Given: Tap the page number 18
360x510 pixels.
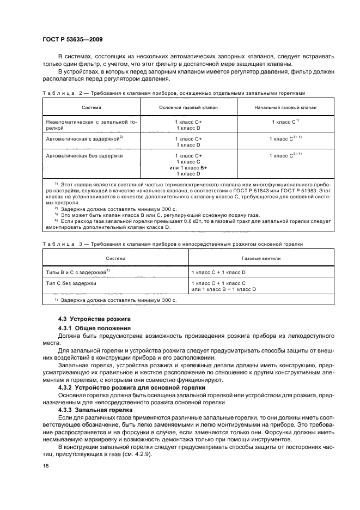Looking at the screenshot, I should [46, 466].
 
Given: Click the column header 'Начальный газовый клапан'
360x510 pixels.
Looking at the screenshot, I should [285, 108].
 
